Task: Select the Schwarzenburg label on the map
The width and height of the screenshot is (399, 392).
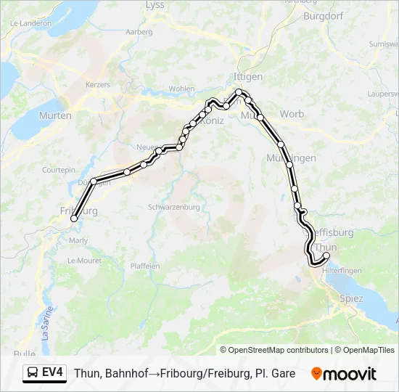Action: [173, 207]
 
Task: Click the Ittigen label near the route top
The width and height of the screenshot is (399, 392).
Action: [248, 76]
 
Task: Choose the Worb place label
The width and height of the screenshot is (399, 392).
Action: [292, 114]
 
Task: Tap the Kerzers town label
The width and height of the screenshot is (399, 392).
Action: [98, 85]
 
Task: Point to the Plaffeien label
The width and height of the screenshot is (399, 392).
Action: [144, 266]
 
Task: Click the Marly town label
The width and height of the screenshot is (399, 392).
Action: [78, 240]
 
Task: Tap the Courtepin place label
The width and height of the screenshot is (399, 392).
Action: [58, 169]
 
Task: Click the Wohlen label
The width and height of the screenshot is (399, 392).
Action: [181, 89]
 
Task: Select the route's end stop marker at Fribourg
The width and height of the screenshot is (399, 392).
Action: [73, 218]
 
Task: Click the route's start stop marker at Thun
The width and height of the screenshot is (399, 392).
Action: [326, 256]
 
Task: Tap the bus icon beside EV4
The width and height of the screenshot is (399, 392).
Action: [33, 373]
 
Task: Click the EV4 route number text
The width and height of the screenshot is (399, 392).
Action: [53, 373]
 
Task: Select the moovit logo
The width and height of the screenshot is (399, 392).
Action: [344, 374]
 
